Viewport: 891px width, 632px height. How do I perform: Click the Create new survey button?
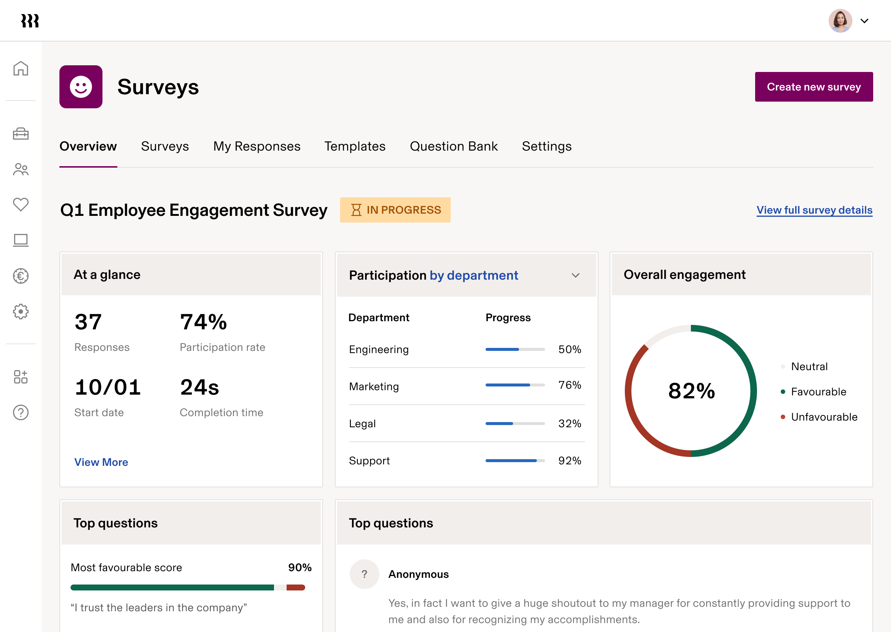point(813,87)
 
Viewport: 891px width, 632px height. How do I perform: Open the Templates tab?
point(355,147)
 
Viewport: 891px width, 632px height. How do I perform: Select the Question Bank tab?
point(453,147)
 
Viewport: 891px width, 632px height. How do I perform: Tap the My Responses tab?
point(257,147)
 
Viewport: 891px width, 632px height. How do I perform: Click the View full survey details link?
point(814,210)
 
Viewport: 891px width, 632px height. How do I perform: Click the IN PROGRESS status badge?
point(395,210)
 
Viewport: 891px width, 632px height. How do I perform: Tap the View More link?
point(101,462)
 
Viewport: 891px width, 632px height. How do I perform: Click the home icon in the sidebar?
point(21,69)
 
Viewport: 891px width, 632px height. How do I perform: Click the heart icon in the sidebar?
point(21,204)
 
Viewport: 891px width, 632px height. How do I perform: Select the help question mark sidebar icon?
point(21,412)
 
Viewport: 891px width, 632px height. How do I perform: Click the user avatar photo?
point(840,21)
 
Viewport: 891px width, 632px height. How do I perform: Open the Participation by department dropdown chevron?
point(575,276)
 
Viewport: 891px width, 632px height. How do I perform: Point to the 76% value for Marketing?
point(569,385)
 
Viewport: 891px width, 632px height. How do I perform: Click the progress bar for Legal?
point(515,424)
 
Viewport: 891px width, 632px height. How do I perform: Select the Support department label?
point(369,461)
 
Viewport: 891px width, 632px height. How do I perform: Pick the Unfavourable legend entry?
point(824,417)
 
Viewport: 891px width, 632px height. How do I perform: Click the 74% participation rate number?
point(203,322)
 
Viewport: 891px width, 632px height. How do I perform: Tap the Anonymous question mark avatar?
point(364,574)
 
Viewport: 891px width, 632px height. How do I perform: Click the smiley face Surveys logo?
point(81,87)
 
